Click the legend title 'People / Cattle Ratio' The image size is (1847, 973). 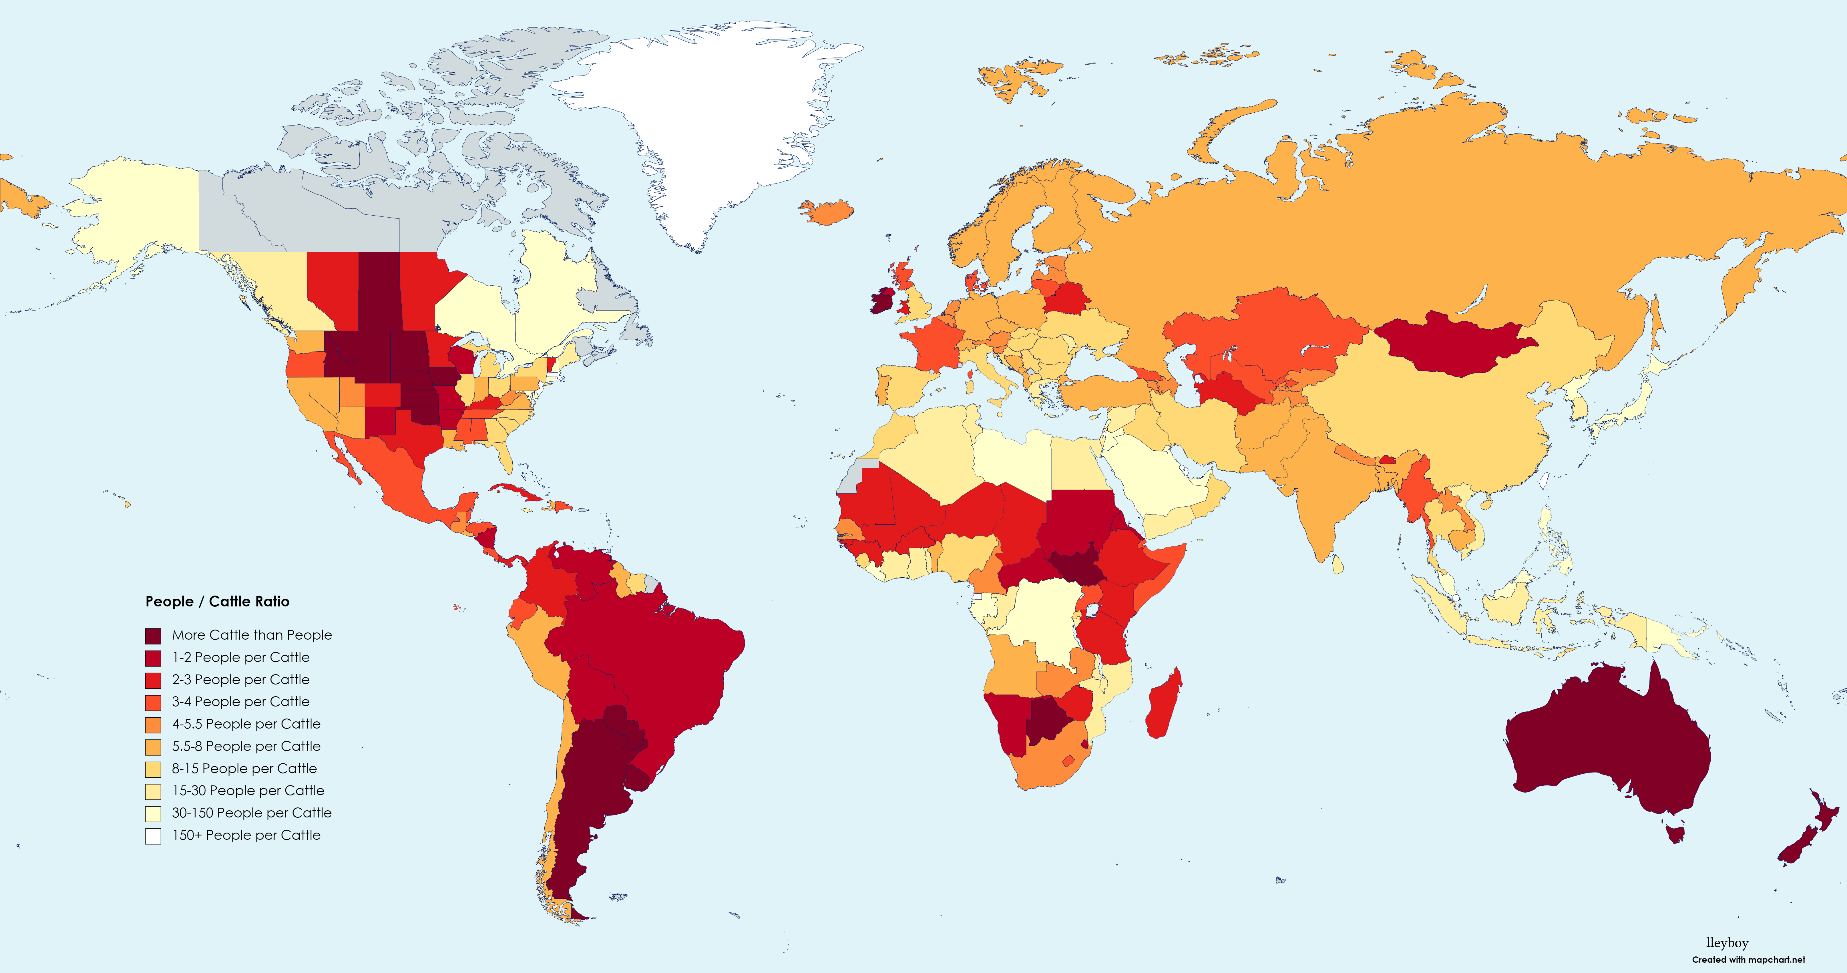[x=217, y=602]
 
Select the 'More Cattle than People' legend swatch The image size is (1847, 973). [x=153, y=635]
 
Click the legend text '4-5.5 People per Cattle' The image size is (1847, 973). [x=246, y=724]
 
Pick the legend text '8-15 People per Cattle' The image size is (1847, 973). [x=244, y=769]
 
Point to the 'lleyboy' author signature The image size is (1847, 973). [x=1727, y=943]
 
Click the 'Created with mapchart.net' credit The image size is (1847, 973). [x=1748, y=959]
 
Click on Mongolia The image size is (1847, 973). [x=1456, y=344]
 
